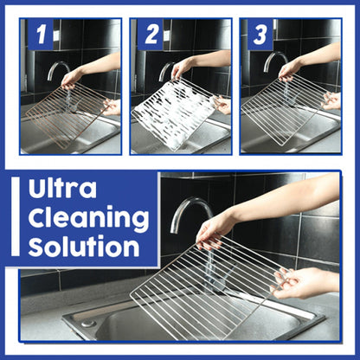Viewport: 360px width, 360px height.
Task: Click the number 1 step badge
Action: (41, 36)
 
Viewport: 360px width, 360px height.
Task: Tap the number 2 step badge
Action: (151, 36)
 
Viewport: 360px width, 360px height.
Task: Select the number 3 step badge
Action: (260, 36)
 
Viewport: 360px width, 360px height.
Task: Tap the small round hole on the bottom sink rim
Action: (87, 323)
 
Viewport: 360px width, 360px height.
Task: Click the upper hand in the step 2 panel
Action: (183, 67)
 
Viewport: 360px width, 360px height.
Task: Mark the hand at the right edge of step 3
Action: (331, 100)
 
